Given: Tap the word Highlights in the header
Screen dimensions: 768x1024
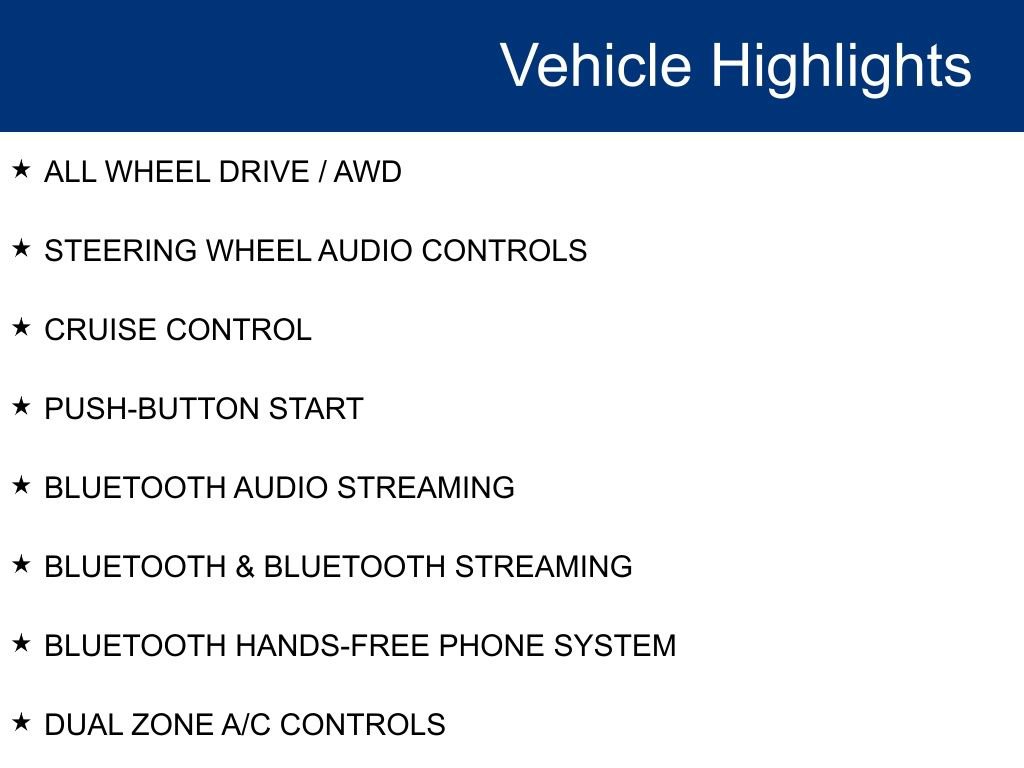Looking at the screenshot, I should click(x=841, y=66).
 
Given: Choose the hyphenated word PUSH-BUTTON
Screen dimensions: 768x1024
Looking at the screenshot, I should click(x=152, y=409).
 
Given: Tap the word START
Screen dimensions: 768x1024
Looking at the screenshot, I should click(x=316, y=409).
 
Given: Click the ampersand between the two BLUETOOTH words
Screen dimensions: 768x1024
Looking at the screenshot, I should click(x=245, y=567).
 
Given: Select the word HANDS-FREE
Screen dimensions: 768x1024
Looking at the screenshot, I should click(x=333, y=646).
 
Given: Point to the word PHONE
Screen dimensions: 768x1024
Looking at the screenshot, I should click(x=492, y=646).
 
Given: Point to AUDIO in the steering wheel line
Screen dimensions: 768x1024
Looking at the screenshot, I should click(x=365, y=251).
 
